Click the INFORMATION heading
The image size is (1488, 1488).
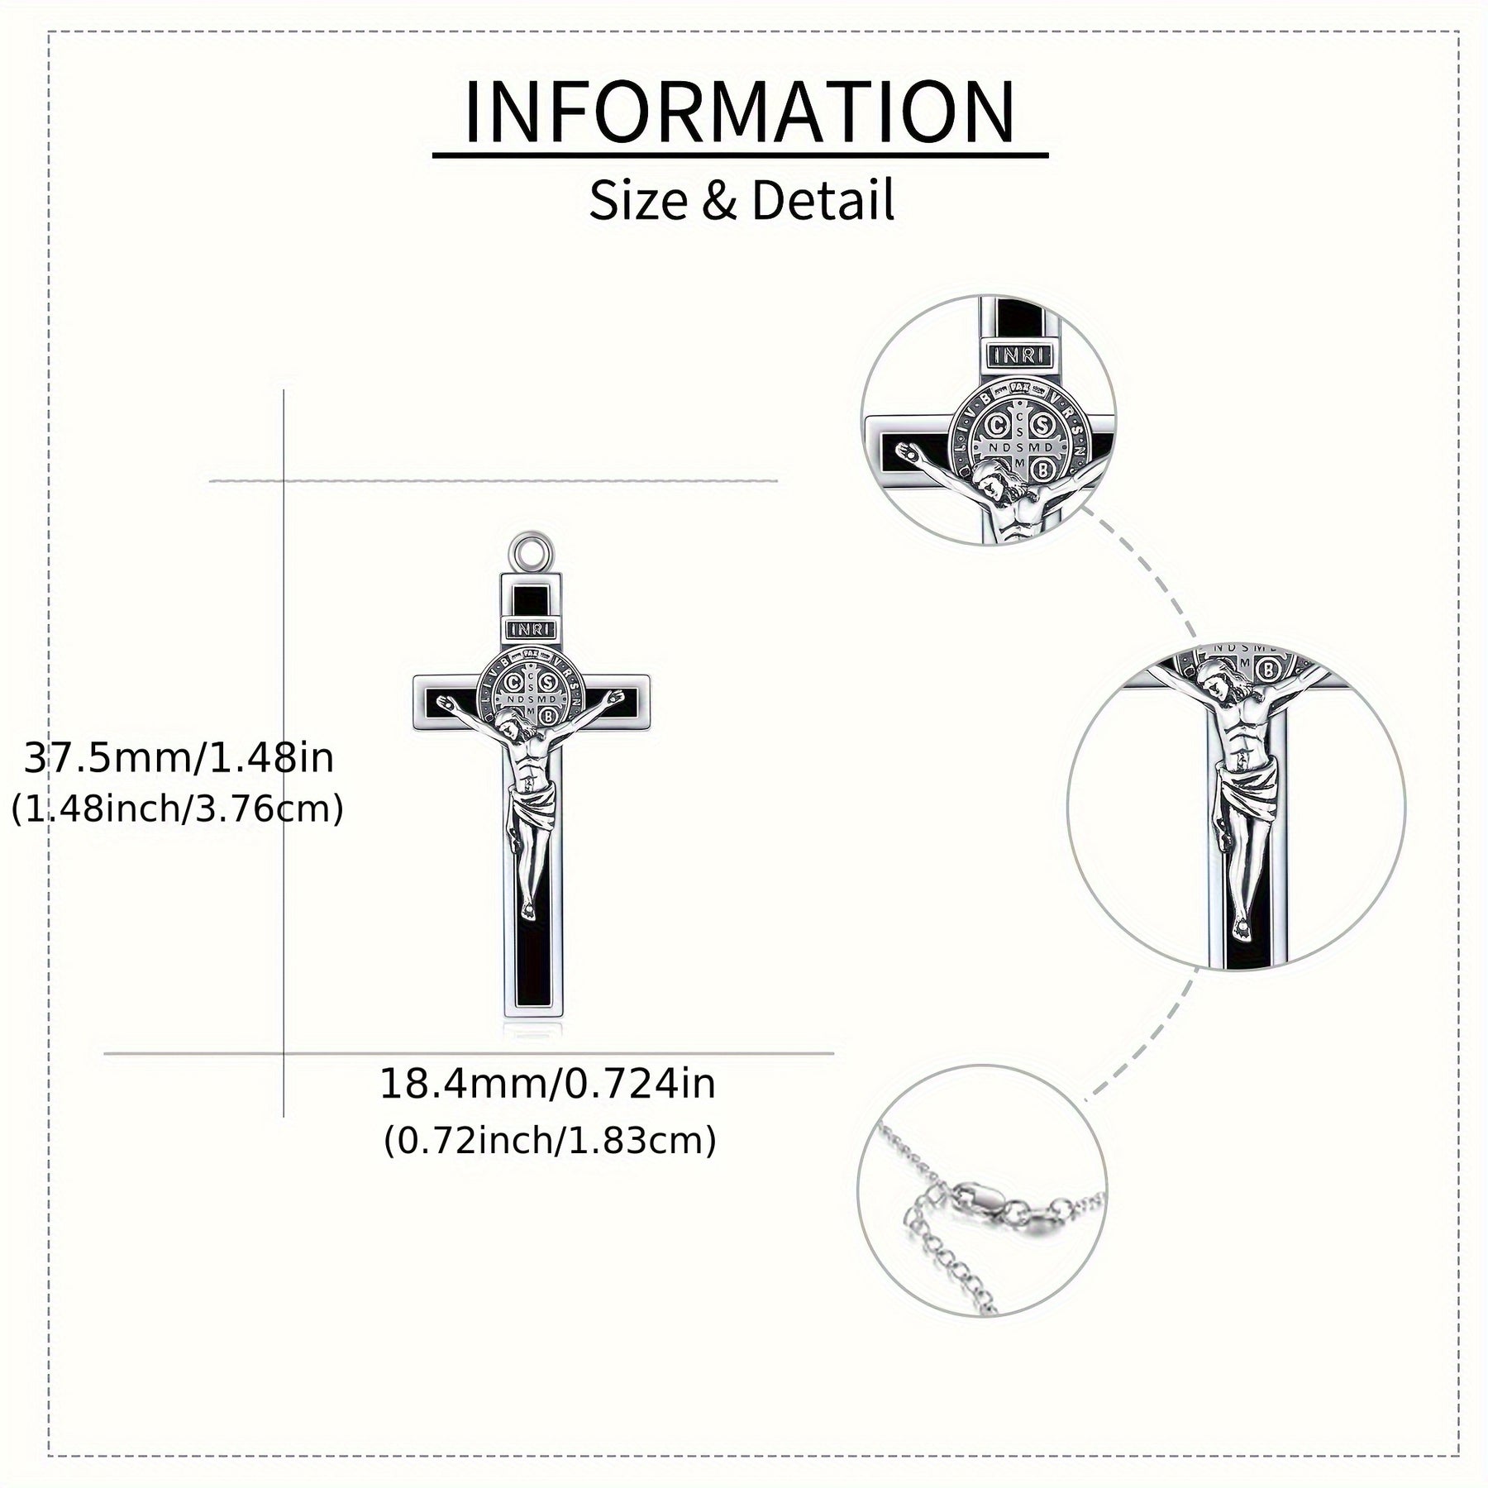click(740, 112)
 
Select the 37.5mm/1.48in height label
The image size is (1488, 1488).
click(179, 758)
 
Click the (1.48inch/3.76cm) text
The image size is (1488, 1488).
click(178, 809)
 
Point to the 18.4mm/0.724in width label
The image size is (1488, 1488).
click(547, 1084)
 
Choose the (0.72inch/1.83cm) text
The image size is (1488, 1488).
click(550, 1141)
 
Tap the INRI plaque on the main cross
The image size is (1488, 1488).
click(532, 629)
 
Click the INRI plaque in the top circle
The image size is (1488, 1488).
click(1019, 355)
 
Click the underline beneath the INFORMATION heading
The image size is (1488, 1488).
click(740, 155)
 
